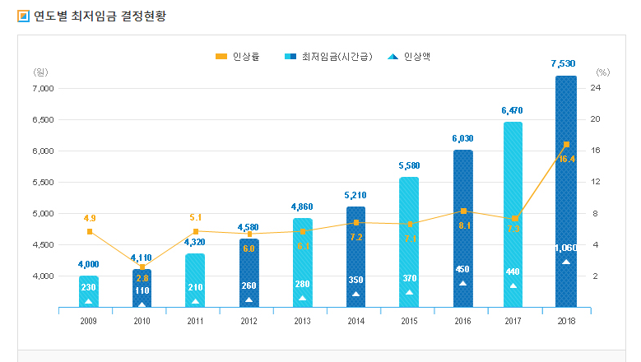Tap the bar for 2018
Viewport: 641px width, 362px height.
pyautogui.click(x=565, y=191)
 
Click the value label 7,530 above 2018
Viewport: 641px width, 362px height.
pyautogui.click(x=565, y=63)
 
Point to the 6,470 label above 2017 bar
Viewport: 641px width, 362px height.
pyautogui.click(x=512, y=109)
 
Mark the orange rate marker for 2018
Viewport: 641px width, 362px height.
pyautogui.click(x=566, y=144)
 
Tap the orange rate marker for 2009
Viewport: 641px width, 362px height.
pyautogui.click(x=89, y=231)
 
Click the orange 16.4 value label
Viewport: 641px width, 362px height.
pyautogui.click(x=567, y=159)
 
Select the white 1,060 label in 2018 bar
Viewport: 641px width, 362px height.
pyautogui.click(x=565, y=248)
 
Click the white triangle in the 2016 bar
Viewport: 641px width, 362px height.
pyautogui.click(x=462, y=283)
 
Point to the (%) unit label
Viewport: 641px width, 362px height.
pyautogui.click(x=603, y=72)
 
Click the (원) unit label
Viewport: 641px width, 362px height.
pyautogui.click(x=41, y=72)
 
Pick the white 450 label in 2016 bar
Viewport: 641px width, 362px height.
pyautogui.click(x=462, y=269)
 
